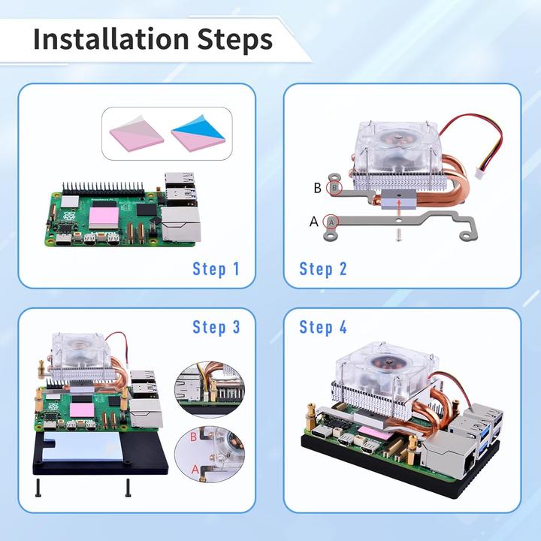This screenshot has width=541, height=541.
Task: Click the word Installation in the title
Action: (111, 39)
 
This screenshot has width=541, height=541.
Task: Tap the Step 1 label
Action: (216, 269)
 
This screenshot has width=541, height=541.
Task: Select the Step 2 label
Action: (323, 269)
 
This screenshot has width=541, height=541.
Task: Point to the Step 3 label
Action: (216, 327)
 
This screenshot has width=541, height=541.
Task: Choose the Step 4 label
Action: (323, 327)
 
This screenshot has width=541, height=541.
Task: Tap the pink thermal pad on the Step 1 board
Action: (104, 218)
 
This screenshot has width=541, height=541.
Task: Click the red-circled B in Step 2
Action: (334, 188)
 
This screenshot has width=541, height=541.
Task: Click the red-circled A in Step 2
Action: (331, 222)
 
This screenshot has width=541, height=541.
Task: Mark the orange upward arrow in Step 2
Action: (399, 208)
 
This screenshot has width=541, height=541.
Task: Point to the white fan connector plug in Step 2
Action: (479, 174)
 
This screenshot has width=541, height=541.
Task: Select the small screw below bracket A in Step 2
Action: (399, 235)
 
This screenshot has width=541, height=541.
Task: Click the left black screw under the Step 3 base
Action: (38, 488)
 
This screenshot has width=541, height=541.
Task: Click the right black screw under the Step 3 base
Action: (128, 488)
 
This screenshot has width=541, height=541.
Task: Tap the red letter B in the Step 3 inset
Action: (193, 437)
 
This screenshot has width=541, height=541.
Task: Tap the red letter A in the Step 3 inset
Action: (195, 469)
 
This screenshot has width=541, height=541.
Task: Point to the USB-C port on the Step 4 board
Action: (320, 432)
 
